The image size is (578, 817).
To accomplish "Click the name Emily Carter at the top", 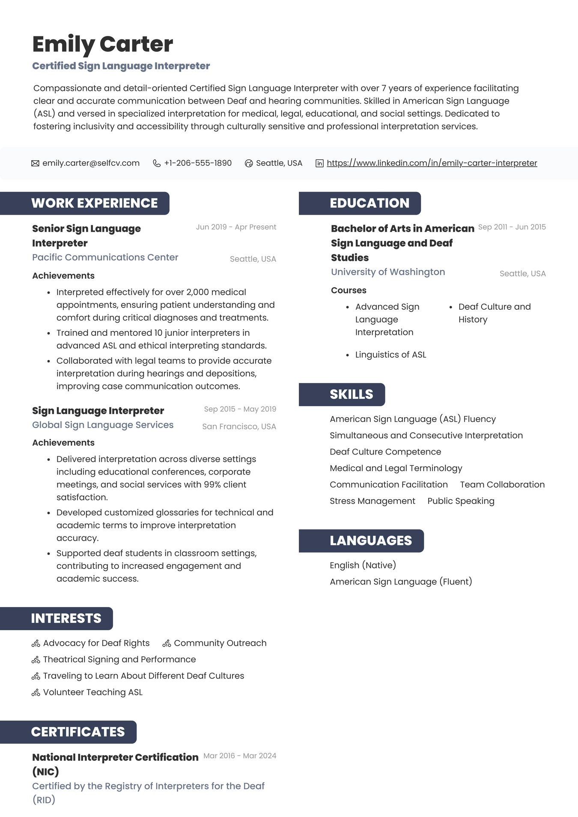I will coord(102,44).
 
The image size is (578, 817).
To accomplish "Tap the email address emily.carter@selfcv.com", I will coord(91,163).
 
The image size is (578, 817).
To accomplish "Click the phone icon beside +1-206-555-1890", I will coord(157,163).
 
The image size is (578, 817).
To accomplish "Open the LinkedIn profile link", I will coord(432,163).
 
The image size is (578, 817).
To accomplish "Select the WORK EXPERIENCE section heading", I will coord(94,203).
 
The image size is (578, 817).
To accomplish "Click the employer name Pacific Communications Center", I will coord(105,257).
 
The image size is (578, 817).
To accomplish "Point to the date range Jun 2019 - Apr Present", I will coord(236,227).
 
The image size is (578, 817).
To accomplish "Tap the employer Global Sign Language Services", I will coord(103,425).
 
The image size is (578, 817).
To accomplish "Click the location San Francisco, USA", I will coord(239,427).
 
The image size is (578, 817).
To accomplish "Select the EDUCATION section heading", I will coord(369,203).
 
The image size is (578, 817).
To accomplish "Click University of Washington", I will coord(388,272).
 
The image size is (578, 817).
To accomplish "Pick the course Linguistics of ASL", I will coord(390,355).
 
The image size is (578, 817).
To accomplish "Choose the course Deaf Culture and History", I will coord(494,313).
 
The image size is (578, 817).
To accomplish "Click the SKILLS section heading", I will coord(351,395).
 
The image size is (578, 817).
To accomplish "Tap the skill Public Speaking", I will coord(461,501).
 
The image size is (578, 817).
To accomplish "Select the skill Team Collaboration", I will coord(502,485).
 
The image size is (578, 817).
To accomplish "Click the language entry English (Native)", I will coord(363,566).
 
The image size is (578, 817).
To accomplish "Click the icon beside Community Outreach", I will coord(167,643).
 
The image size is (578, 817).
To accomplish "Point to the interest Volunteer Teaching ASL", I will coord(92,692).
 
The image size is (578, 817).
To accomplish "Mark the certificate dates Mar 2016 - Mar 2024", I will coord(240,756).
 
